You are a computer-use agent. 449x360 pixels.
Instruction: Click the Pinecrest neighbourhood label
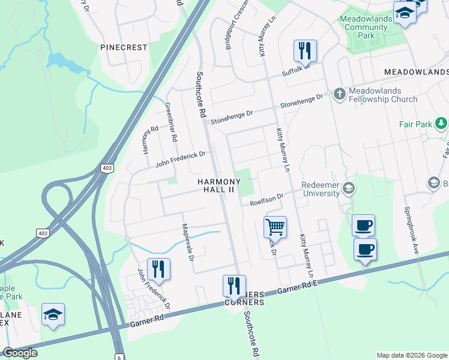coord(124,47)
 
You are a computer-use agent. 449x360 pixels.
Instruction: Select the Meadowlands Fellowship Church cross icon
coord(339,94)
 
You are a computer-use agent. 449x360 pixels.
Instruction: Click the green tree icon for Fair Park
coord(442,124)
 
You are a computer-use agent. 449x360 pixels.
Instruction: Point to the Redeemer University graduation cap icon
coord(348,190)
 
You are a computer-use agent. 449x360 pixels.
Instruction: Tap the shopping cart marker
coord(275,227)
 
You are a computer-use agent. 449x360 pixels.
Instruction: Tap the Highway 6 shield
coord(119,356)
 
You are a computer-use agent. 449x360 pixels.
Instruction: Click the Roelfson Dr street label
coord(267,198)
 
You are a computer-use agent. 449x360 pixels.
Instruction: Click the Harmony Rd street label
coord(150,141)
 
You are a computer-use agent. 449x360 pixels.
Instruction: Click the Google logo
coord(20,353)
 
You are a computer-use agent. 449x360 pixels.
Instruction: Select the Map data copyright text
coord(412,355)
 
